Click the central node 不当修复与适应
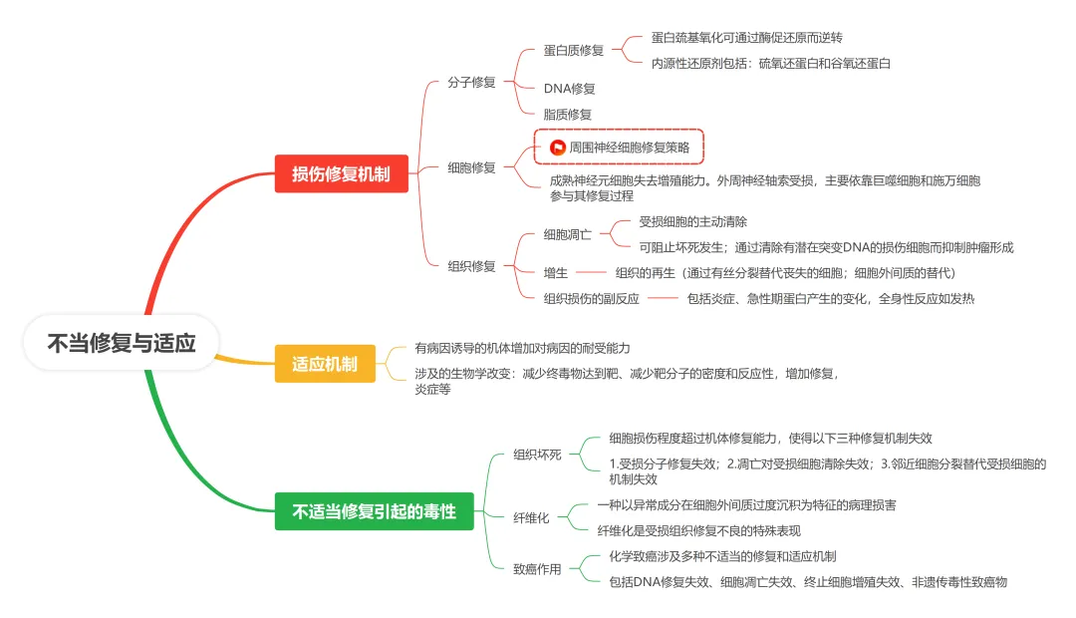pyautogui.click(x=122, y=343)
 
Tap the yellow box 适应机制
pyautogui.click(x=325, y=364)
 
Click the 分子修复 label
pyautogui.click(x=471, y=82)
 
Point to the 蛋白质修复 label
pyautogui.click(x=573, y=50)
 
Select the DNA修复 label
pyautogui.click(x=569, y=89)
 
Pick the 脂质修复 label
pyautogui.click(x=567, y=115)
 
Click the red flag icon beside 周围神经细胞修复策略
pyautogui.click(x=558, y=147)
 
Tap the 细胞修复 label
pyautogui.click(x=471, y=167)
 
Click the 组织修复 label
pyautogui.click(x=471, y=265)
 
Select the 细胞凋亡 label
pyautogui.click(x=567, y=235)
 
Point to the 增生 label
pyautogui.click(x=555, y=272)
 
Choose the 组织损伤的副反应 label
pyautogui.click(x=591, y=298)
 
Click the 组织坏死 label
pyautogui.click(x=537, y=455)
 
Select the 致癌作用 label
pyautogui.click(x=537, y=569)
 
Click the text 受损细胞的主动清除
pyautogui.click(x=692, y=221)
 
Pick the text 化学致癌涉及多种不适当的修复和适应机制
pyautogui.click(x=722, y=556)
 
